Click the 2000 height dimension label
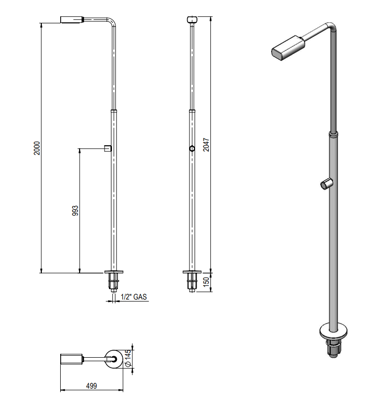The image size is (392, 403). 37,148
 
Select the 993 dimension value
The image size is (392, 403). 75,210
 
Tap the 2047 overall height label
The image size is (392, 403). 206,145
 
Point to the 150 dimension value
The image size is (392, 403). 206,282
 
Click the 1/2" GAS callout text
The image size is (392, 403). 134,297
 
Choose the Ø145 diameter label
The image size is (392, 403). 128,358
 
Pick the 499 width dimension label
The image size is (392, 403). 92,386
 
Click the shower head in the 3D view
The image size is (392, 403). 288,48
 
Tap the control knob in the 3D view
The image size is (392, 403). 326,184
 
